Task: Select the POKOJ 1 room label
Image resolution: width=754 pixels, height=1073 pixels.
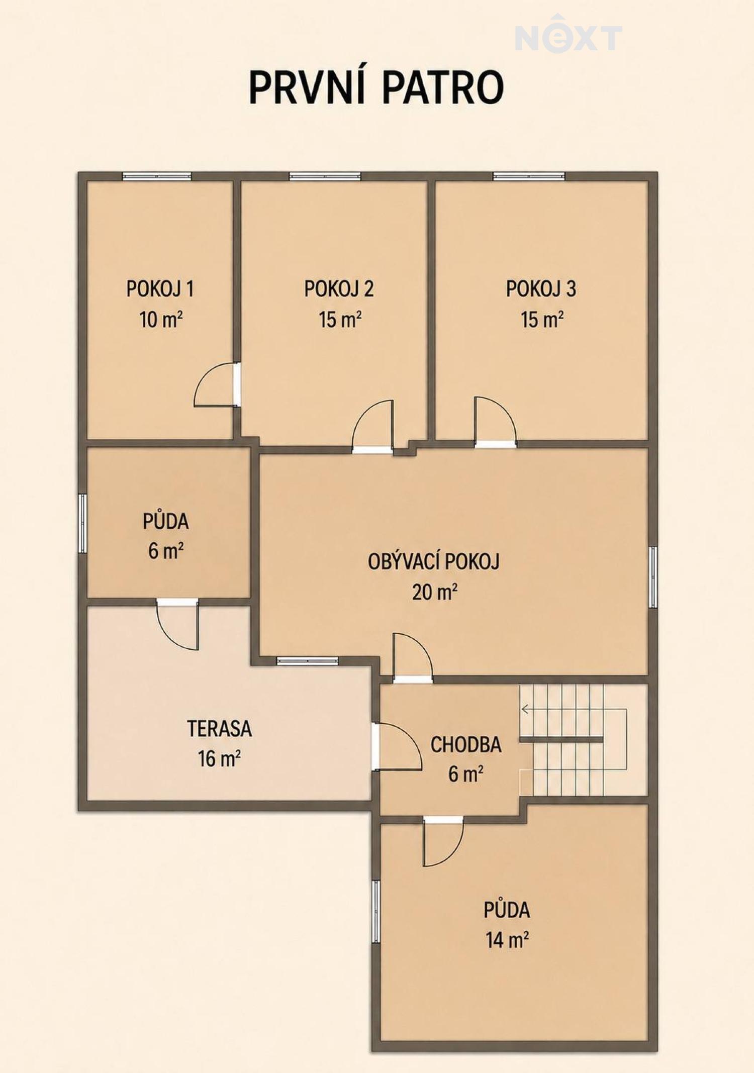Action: [x=160, y=289]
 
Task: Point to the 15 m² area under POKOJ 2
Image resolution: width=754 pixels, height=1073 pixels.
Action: [x=340, y=320]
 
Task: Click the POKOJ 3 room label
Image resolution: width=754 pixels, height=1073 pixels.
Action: [x=541, y=289]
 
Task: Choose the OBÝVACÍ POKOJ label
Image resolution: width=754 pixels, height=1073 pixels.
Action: [x=434, y=561]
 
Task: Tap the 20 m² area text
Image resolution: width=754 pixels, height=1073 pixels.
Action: [x=435, y=592]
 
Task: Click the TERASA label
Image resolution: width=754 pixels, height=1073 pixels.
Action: [x=220, y=729]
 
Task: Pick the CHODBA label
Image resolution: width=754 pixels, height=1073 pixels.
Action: [x=466, y=745]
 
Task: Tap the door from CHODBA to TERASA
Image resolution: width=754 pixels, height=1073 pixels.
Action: [x=397, y=746]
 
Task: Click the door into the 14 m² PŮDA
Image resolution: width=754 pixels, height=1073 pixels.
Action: [x=443, y=841]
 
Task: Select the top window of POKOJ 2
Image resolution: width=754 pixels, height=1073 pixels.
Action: [x=325, y=176]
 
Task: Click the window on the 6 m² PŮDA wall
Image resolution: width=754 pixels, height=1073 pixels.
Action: [x=83, y=524]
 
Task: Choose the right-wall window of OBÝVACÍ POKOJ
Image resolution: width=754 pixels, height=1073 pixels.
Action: [x=653, y=577]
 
